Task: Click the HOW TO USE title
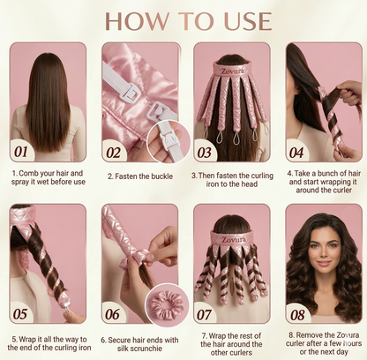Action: coord(183,19)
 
